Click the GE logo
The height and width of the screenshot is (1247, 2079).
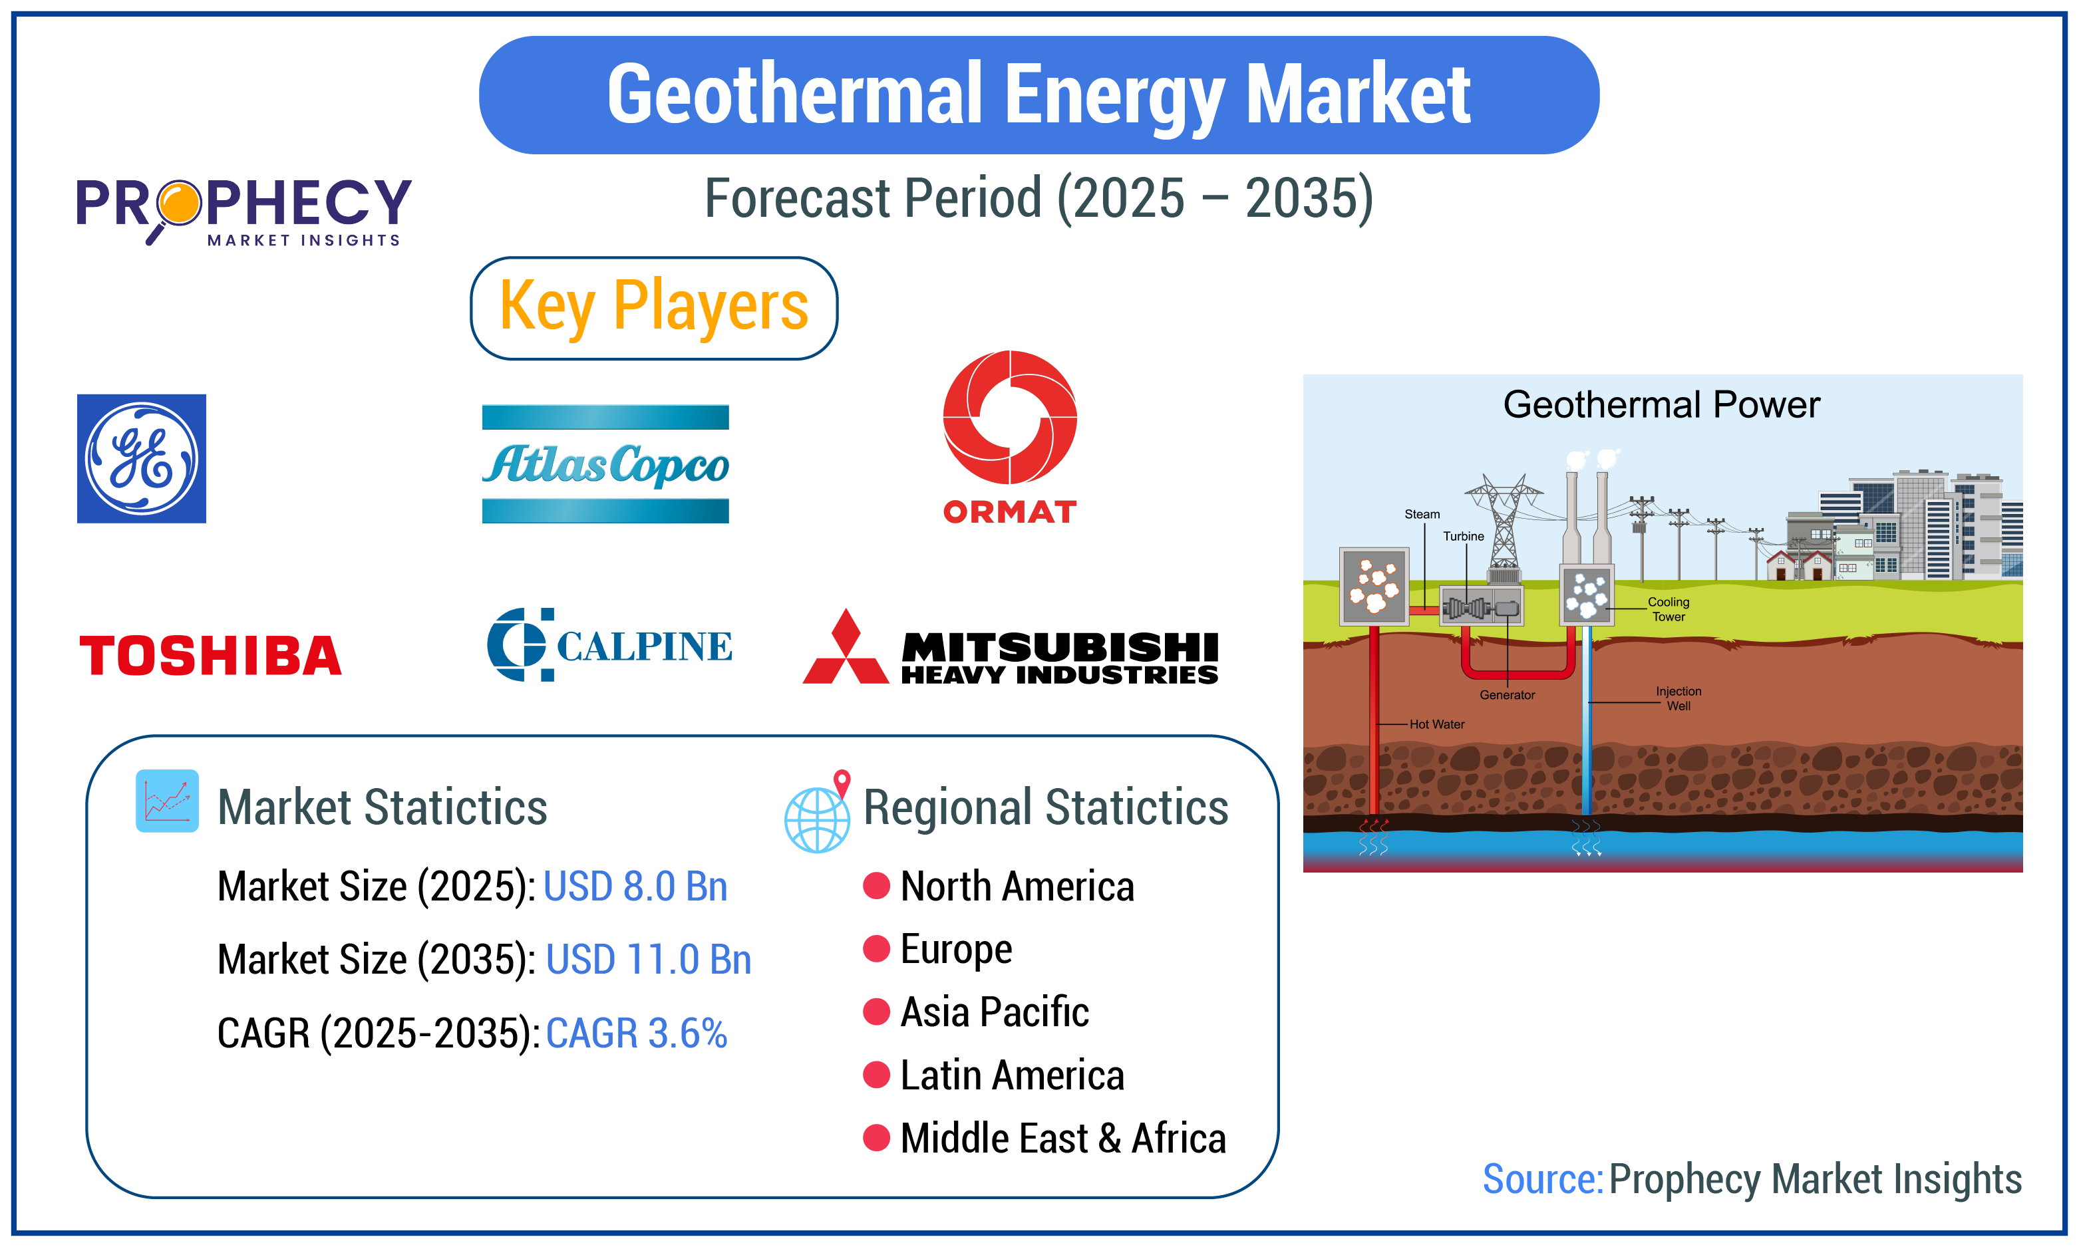pos(141,459)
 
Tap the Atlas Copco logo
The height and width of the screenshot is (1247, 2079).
pos(605,464)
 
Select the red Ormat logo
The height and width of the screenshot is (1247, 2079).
pos(1009,437)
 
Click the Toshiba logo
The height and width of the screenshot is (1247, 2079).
pos(210,656)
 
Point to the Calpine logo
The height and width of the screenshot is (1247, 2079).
pos(609,644)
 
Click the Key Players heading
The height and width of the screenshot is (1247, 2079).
pos(654,307)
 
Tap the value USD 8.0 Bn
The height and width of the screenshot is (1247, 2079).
pos(635,887)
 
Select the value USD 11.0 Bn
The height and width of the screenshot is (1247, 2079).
pos(648,960)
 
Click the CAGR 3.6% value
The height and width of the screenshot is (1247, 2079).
pos(636,1033)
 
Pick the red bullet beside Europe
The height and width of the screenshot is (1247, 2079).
pos(876,948)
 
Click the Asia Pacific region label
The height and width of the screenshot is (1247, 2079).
pos(994,1012)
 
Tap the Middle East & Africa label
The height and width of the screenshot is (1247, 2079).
pos(1063,1139)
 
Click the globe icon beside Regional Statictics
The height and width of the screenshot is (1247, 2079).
pos(817,817)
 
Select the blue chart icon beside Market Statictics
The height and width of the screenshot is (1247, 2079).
pos(167,801)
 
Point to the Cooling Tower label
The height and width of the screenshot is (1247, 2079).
pos(1668,609)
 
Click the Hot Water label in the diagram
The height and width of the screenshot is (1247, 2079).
pos(1437,724)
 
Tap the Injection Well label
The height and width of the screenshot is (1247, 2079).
pos(1678,698)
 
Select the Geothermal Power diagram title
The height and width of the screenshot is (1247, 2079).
pos(1661,405)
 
